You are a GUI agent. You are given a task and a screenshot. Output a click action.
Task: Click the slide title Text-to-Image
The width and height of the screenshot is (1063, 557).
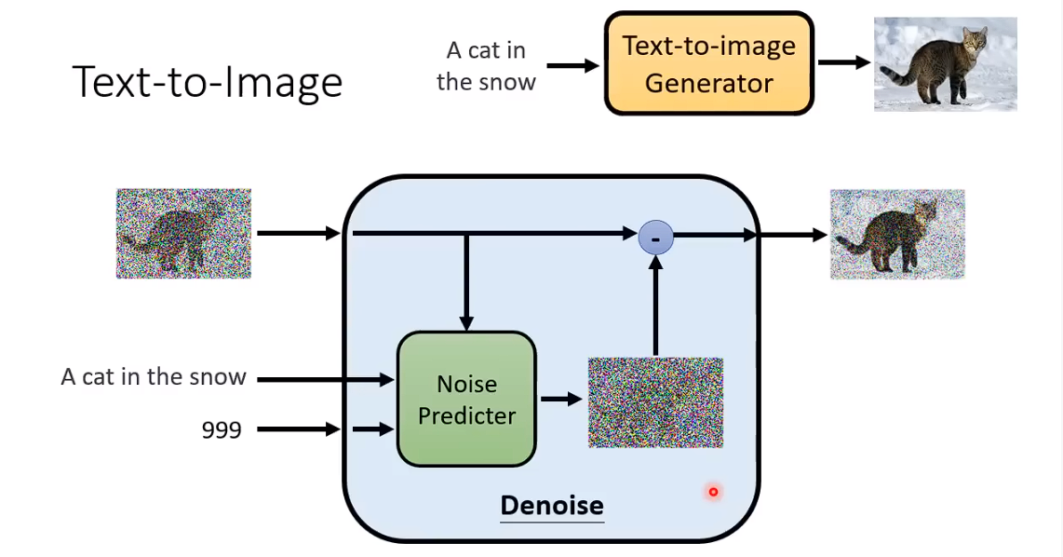coord(208,82)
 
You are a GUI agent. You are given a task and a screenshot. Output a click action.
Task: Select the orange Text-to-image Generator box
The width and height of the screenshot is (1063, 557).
coord(708,63)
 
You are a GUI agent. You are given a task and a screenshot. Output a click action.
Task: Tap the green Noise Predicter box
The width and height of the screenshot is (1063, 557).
coord(466,400)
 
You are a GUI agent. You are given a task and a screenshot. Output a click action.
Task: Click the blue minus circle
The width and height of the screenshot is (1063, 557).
coord(655,238)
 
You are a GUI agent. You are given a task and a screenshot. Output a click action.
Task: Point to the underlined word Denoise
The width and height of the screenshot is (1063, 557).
coord(552,506)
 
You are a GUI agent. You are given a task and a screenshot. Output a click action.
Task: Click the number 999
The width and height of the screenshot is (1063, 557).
coord(222,429)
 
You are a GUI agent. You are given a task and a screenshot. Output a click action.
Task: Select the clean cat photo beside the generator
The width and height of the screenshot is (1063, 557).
coord(945,63)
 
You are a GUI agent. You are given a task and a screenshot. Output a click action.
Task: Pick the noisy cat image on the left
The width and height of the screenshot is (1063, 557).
coord(183,234)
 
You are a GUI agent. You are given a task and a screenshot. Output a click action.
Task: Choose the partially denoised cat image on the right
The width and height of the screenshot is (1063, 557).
coord(897,235)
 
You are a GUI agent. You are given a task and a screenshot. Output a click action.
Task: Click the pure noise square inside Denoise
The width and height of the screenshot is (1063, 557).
coord(655,402)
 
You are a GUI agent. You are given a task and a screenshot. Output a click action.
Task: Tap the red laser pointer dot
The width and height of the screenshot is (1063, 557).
coord(713,492)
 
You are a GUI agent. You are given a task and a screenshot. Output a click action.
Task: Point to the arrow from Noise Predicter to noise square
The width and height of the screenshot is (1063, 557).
coord(561,400)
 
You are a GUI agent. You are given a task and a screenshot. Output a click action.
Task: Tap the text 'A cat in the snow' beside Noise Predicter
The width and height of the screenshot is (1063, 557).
coord(154,377)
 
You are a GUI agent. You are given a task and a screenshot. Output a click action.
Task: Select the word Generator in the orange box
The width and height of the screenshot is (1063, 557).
coord(708,83)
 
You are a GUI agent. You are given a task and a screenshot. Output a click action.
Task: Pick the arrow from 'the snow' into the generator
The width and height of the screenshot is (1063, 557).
coord(572,65)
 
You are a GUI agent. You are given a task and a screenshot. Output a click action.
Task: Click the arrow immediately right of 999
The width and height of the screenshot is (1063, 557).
coord(298,429)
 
